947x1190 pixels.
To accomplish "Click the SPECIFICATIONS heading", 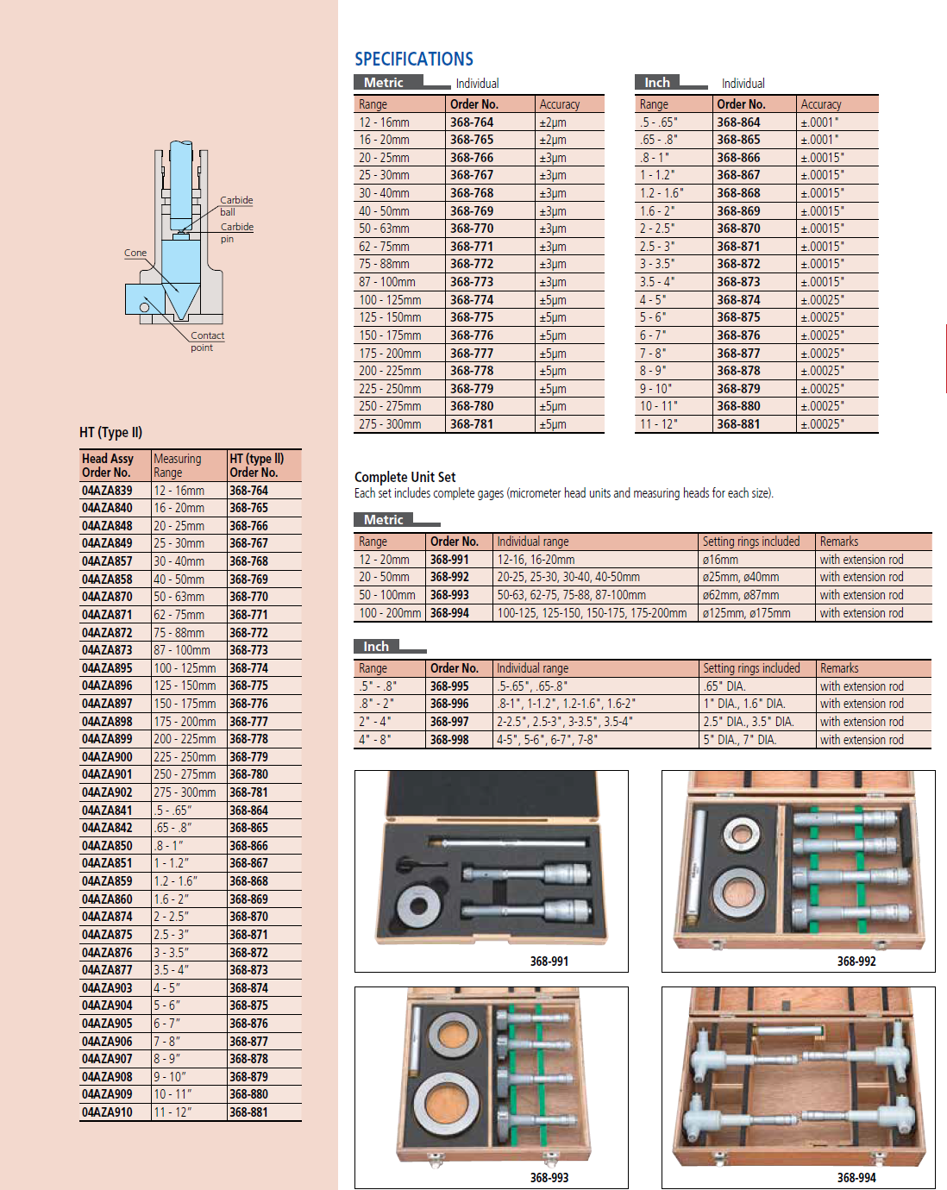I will tap(414, 59).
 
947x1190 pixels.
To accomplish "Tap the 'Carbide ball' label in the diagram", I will tap(235, 205).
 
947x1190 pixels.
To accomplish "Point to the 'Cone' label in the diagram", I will tap(135, 253).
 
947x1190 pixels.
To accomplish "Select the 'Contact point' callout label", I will tap(207, 341).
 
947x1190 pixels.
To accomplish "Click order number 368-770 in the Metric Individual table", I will tap(472, 229).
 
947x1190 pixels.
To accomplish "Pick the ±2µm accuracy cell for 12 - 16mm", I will tap(553, 122).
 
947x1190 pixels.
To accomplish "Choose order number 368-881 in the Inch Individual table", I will tap(738, 424).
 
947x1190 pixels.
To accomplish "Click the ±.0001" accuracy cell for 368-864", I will tap(819, 122).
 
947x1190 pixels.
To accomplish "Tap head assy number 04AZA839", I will tap(107, 491).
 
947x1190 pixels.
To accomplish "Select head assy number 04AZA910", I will tap(107, 1112).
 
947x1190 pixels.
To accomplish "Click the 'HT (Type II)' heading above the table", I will tap(110, 432).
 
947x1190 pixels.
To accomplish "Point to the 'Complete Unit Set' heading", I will tap(405, 477).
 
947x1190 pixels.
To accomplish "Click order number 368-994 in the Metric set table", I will tap(449, 613).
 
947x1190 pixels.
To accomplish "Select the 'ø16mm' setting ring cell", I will tap(720, 560).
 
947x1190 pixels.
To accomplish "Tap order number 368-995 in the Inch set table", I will tap(449, 686).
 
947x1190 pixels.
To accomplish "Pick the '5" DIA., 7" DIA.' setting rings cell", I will tap(739, 740).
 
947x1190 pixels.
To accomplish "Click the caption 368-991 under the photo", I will tap(549, 961).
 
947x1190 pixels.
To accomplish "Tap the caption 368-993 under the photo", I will tap(549, 1177).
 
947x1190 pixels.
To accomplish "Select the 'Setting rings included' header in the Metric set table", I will tap(750, 542).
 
